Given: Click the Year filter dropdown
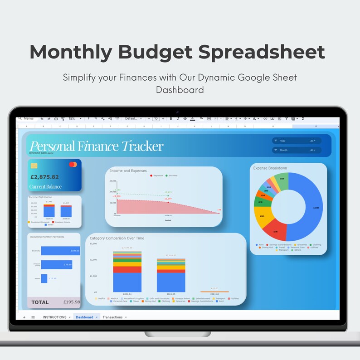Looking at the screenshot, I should click(297, 141).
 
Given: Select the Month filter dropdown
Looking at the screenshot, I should click(297, 150).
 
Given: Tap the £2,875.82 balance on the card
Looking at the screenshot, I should click(44, 177).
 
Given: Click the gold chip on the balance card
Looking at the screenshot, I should click(34, 165).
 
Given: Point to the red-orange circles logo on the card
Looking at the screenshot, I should click(73, 165).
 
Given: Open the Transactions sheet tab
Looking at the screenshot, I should click(113, 317).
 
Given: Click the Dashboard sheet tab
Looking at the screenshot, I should click(86, 317).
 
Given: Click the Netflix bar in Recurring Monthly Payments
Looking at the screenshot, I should click(44, 278).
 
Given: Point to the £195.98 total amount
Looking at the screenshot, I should click(71, 302).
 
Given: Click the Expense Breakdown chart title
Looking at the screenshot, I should click(270, 168).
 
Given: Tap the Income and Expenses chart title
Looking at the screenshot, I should click(128, 171).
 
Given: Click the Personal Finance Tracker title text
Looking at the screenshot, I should click(96, 146).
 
